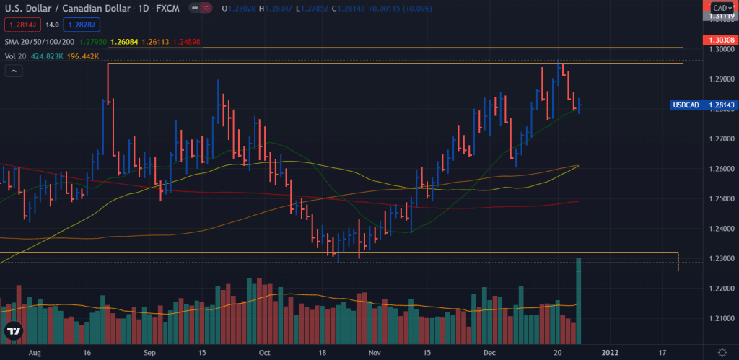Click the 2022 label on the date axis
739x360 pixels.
(x=611, y=354)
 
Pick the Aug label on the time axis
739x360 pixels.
(x=33, y=354)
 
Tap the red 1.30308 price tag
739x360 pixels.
(x=719, y=38)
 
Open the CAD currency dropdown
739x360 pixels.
(x=722, y=8)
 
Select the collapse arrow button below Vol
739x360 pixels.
(x=14, y=70)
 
